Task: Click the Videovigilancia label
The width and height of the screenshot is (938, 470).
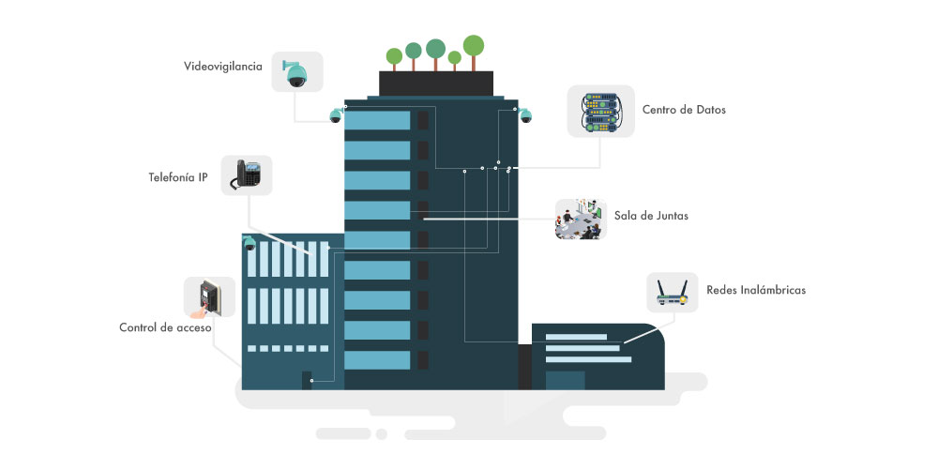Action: click(222, 67)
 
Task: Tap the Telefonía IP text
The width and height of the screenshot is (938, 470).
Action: click(177, 176)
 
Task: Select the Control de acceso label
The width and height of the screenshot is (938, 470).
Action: click(165, 327)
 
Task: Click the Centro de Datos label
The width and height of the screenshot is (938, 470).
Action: click(684, 110)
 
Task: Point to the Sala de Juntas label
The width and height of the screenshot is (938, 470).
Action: click(651, 215)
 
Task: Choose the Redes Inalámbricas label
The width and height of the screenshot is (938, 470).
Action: click(756, 290)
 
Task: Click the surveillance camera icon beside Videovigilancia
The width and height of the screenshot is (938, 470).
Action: click(296, 71)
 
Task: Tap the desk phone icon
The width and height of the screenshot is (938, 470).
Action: click(247, 174)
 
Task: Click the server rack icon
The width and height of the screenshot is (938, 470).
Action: click(600, 111)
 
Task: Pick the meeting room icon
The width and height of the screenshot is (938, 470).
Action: click(580, 219)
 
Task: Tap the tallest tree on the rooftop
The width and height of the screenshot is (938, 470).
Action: click(474, 48)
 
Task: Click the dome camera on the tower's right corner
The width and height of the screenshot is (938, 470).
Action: click(525, 116)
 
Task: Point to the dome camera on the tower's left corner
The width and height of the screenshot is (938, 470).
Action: click(336, 116)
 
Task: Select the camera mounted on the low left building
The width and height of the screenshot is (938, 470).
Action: click(250, 243)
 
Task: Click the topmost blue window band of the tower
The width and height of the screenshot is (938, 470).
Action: click(377, 120)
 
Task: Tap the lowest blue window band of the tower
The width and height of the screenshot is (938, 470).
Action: click(377, 359)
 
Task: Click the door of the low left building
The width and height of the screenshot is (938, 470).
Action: click(307, 379)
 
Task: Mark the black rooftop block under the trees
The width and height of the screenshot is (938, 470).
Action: click(436, 83)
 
